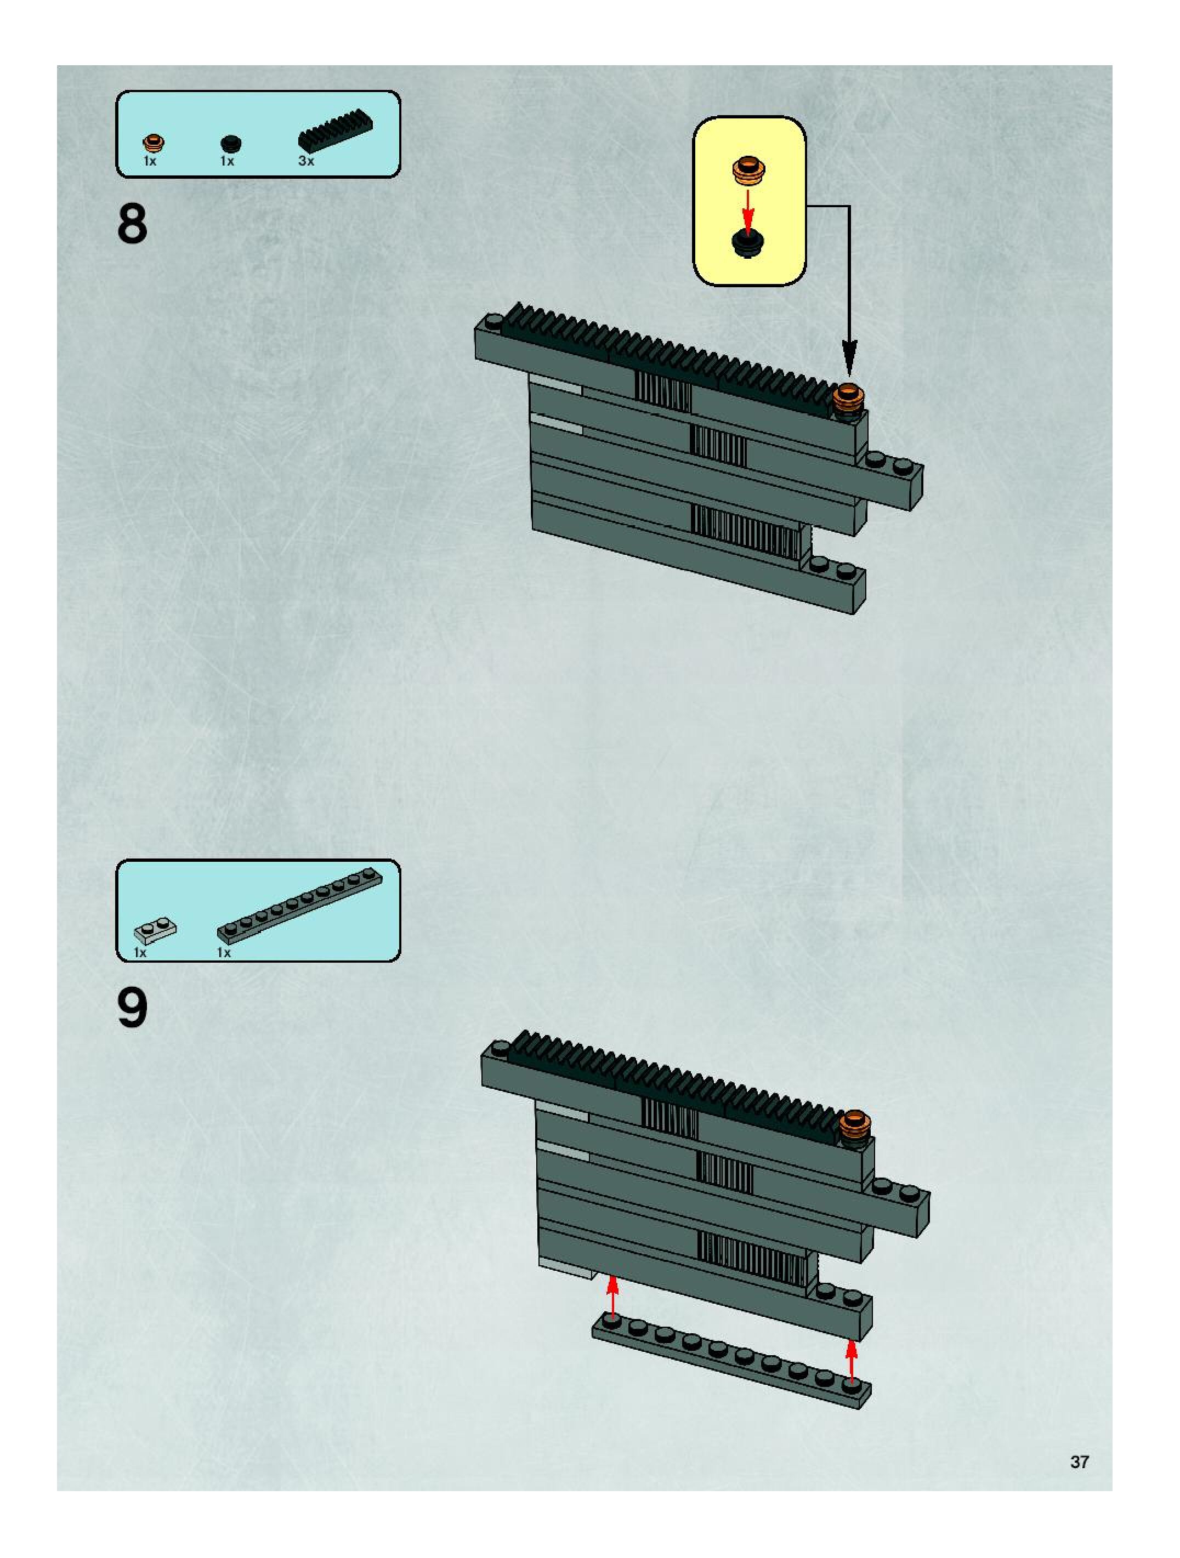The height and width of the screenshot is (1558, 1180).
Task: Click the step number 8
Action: tap(133, 224)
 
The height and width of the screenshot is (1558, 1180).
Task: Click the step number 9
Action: tap(133, 1009)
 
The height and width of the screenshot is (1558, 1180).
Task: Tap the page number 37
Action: tap(1079, 1462)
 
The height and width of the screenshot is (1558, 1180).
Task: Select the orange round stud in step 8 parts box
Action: tap(152, 143)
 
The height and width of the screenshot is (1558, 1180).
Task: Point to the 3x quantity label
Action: tap(306, 161)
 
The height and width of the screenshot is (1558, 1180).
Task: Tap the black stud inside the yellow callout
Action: tap(748, 242)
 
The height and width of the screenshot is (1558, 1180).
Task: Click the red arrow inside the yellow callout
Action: tap(748, 206)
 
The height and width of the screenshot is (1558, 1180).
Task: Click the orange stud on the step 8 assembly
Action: tap(848, 398)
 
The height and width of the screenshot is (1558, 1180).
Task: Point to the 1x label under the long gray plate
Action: tap(224, 953)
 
